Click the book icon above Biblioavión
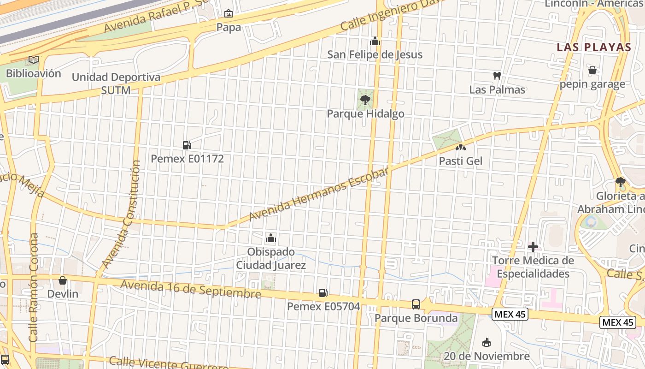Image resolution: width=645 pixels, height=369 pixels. click(x=33, y=60)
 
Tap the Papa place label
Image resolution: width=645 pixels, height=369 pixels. click(x=229, y=27)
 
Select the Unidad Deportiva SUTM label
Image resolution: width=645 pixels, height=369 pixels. click(x=116, y=83)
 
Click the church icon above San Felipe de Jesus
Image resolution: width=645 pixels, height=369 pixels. click(x=375, y=42)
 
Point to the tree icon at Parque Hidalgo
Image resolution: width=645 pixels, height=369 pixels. click(x=365, y=100)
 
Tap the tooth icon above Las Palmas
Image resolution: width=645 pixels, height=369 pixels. click(x=497, y=76)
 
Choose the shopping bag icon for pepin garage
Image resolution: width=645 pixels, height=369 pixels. click(x=592, y=70)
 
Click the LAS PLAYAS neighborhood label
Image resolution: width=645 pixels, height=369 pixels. click(x=593, y=47)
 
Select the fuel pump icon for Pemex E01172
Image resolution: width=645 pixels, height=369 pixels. click(x=187, y=145)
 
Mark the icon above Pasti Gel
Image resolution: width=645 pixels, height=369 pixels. click(x=460, y=148)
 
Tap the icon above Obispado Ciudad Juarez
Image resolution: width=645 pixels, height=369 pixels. click(x=271, y=238)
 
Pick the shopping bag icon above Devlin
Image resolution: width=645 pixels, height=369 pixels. click(x=63, y=280)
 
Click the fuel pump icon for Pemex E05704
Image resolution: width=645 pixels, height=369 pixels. click(x=323, y=292)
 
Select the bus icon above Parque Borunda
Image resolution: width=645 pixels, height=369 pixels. click(x=416, y=304)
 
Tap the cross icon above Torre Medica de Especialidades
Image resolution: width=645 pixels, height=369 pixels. click(x=533, y=247)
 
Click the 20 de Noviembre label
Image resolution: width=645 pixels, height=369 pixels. click(x=486, y=356)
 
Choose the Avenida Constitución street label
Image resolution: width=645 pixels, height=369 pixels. click(x=121, y=214)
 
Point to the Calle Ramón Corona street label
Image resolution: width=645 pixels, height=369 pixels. click(x=34, y=287)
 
